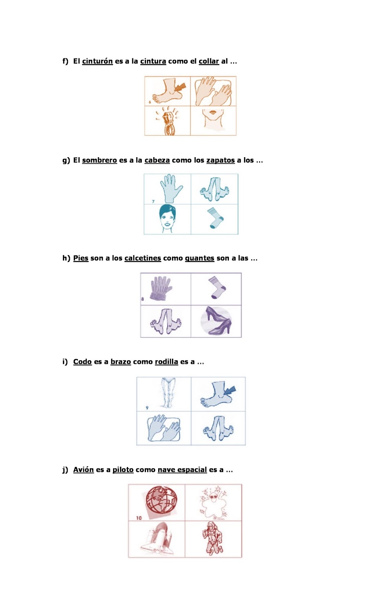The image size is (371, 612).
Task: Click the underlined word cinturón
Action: [97, 61]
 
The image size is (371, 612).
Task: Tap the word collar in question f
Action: [209, 61]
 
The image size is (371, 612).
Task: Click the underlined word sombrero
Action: [100, 160]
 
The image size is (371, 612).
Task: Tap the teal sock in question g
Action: [215, 218]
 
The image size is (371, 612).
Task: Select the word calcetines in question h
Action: [143, 258]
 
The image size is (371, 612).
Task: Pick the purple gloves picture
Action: [161, 288]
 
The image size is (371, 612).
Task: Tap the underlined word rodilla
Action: [167, 362]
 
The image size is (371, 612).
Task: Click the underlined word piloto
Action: [123, 470]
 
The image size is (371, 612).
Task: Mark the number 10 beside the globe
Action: [139, 518]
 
